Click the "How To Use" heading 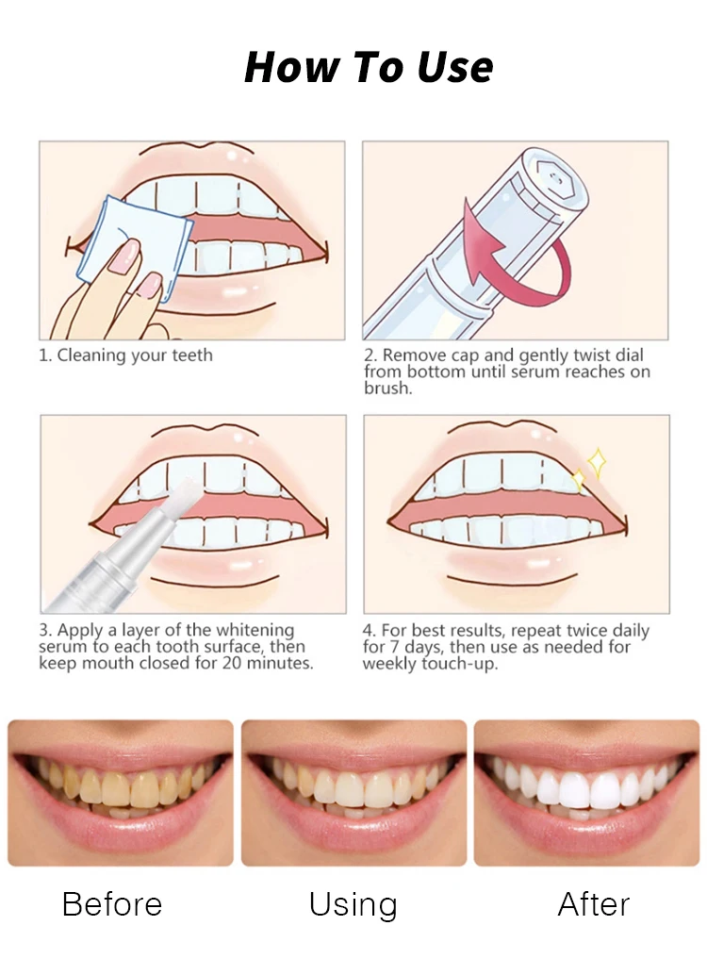(369, 67)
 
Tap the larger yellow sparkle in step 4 (597, 462)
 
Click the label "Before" (112, 903)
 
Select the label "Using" (353, 905)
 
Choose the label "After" (594, 903)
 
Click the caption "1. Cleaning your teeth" (125, 355)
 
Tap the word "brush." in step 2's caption (388, 388)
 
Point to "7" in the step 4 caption (394, 647)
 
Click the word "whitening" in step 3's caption (255, 630)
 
